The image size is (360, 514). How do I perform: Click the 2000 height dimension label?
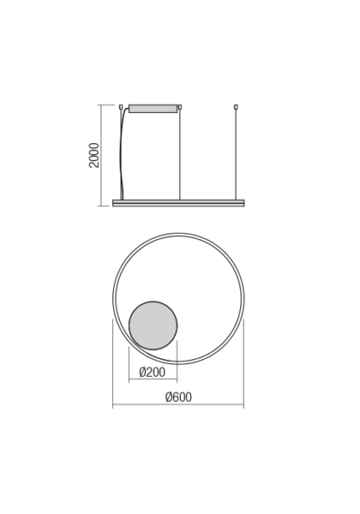(95, 155)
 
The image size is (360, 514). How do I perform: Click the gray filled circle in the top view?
(152, 325)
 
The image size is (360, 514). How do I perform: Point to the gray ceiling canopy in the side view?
(153, 107)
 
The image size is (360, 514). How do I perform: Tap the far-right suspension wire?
(237, 155)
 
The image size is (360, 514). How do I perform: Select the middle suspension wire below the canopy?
(181, 155)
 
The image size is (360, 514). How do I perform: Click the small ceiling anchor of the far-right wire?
(237, 106)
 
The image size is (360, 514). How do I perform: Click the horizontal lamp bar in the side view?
(178, 203)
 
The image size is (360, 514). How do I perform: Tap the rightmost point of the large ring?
(243, 299)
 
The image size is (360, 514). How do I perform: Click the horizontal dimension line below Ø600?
(178, 406)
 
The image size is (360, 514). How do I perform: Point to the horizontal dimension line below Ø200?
(152, 380)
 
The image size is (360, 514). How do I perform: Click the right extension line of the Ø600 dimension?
(243, 360)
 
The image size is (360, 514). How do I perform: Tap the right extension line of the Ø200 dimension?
(177, 360)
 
